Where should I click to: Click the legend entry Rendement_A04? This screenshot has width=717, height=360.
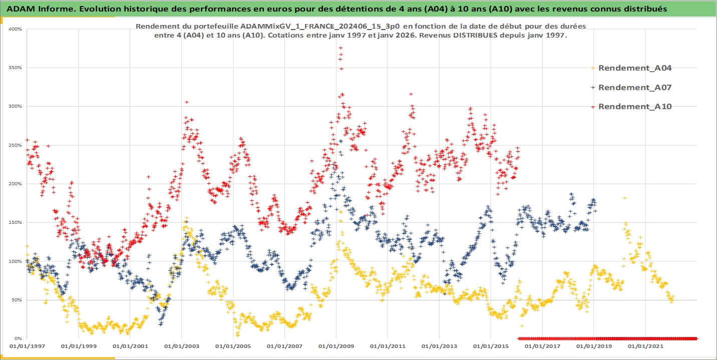(x=635, y=68)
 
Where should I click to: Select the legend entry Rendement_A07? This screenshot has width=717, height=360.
(x=635, y=87)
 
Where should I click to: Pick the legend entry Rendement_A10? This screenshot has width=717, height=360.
(x=635, y=106)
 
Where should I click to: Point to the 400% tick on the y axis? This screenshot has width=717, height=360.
(x=15, y=29)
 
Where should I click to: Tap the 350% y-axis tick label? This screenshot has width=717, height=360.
(x=15, y=68)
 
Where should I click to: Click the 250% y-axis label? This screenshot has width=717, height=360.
(x=15, y=145)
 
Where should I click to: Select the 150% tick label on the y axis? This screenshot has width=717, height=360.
(x=15, y=222)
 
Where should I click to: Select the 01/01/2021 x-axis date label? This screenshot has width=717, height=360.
(x=644, y=346)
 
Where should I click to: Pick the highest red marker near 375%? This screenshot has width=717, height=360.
(x=340, y=48)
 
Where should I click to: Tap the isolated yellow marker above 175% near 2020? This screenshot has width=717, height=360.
(x=624, y=198)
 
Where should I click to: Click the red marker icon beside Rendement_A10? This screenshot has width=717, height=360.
(x=593, y=106)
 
